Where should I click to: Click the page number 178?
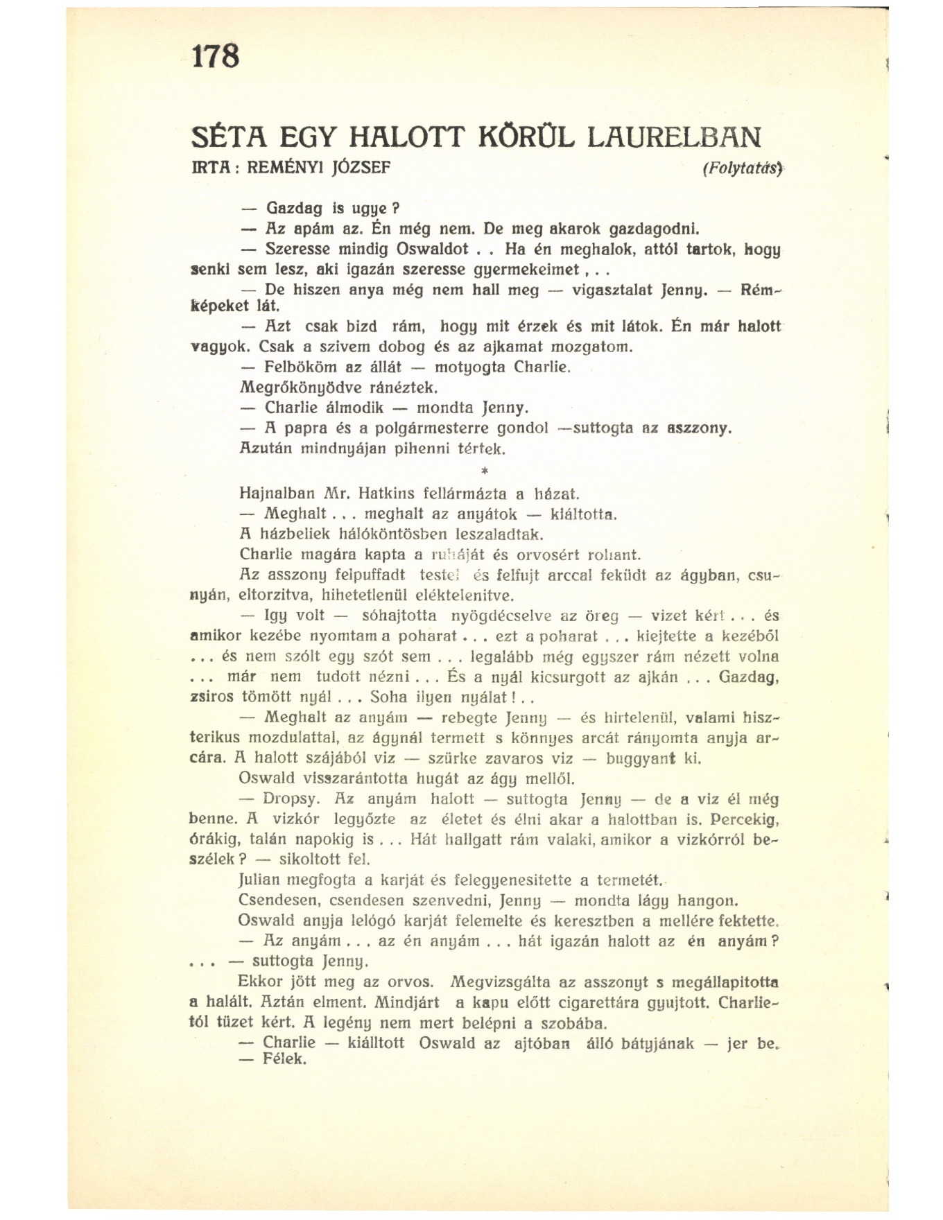216,56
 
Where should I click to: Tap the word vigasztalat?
612,289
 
